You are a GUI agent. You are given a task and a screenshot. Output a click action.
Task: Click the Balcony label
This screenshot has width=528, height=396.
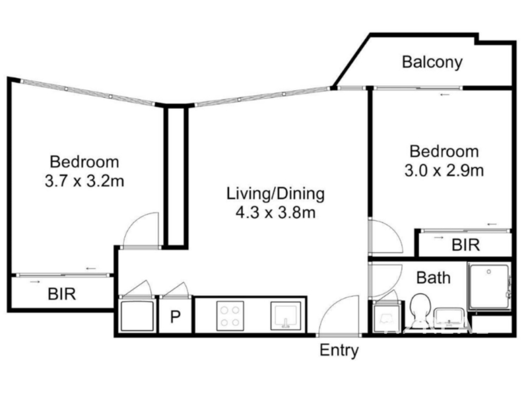[432, 62]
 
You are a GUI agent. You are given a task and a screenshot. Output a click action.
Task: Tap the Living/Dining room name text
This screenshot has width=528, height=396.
[275, 194]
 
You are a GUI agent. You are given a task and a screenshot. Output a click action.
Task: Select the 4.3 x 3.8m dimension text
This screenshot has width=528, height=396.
[275, 213]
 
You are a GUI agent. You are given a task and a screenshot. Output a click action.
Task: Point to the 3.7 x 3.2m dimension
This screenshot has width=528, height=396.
[84, 181]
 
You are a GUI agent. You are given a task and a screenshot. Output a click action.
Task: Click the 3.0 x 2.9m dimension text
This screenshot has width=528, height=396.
[444, 171]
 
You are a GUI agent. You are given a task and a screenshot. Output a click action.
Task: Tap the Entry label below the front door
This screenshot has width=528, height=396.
[339, 350]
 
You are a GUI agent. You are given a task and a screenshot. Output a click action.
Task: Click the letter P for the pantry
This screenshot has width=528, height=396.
[176, 317]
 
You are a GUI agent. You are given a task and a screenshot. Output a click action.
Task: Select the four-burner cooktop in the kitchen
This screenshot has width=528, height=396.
[230, 316]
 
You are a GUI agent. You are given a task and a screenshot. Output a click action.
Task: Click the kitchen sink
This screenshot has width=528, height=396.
[286, 316]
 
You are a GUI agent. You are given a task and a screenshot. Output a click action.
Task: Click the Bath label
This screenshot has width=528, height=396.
[434, 278]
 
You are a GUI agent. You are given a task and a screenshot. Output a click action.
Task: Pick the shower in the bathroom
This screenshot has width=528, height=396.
[489, 287]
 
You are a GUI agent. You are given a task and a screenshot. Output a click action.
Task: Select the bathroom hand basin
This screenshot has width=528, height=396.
[449, 317]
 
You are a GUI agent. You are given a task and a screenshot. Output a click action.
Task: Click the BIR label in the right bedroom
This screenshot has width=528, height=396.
[466, 245]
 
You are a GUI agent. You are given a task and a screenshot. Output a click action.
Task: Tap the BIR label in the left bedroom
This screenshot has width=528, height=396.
[62, 294]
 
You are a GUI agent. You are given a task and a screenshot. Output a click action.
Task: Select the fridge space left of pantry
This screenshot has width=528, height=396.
[137, 316]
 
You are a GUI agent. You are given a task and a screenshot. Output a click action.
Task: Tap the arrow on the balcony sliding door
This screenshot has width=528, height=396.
[445, 95]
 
